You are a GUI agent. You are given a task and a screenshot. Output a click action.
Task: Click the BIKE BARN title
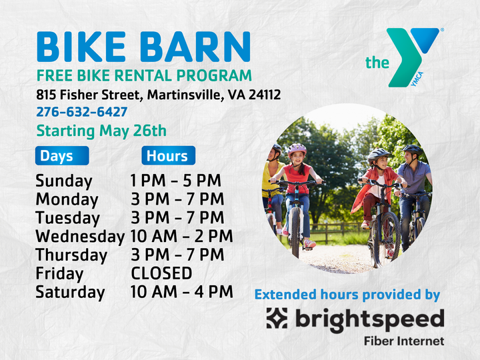pos(143,47)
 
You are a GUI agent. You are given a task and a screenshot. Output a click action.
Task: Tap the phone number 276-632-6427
pos(82,112)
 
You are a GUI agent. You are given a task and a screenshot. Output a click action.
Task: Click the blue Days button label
pos(62,155)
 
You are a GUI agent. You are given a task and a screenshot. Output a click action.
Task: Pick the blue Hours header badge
pos(169,155)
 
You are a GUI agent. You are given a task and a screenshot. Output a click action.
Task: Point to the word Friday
pos(59,274)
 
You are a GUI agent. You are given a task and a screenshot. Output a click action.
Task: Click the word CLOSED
pos(161,273)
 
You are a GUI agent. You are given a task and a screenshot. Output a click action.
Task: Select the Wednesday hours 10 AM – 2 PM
pos(181,236)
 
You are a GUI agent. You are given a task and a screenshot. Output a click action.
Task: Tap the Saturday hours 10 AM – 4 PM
pos(181,292)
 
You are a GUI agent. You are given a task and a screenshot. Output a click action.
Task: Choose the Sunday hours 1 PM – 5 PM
pos(175,181)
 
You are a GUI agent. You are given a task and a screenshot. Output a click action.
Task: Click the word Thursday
pos(71,255)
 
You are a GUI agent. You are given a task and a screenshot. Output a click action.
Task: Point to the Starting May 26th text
pos(101,131)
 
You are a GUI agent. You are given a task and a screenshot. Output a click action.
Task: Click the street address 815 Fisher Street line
pos(158,95)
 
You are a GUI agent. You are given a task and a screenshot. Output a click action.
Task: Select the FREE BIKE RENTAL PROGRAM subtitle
pos(144,75)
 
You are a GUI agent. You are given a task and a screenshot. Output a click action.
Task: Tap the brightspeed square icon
pos(277,319)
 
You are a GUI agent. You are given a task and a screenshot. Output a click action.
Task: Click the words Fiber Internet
pos(404,341)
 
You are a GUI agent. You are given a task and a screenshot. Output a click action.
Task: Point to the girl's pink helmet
pos(297,149)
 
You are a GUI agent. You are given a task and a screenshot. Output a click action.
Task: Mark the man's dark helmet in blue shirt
pos(412,149)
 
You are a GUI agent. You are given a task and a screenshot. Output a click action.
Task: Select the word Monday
pos(67,199)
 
